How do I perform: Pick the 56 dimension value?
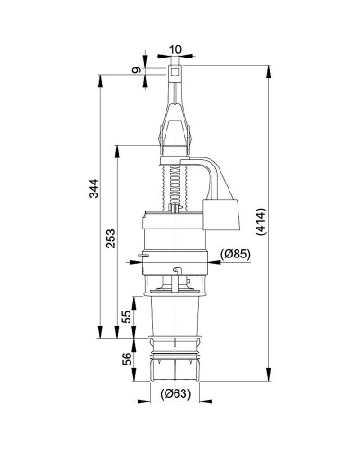click(127, 358)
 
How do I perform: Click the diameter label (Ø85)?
click(235, 255)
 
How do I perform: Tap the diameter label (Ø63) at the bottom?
click(175, 393)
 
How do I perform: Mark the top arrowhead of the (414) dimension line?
click(269, 67)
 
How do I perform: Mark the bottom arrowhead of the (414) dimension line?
click(269, 378)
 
